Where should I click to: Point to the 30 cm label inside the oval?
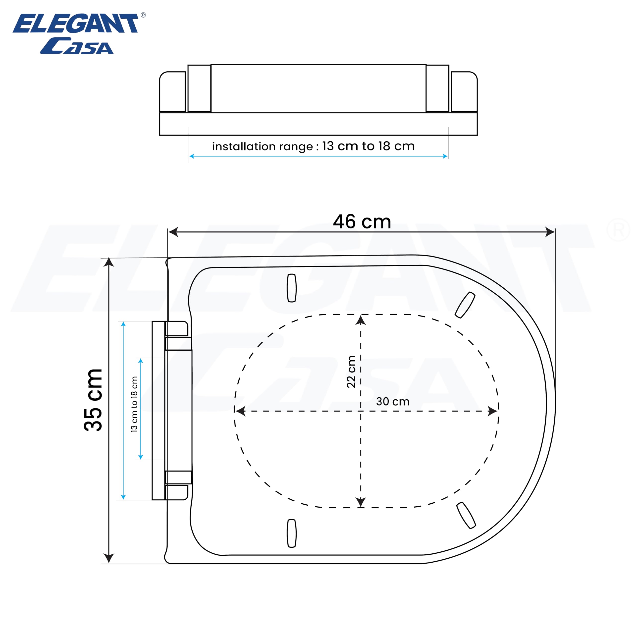point(393,402)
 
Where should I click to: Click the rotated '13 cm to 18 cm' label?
point(134,404)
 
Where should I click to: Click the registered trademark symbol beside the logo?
point(143,15)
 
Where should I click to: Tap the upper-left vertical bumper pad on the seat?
point(291,288)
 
